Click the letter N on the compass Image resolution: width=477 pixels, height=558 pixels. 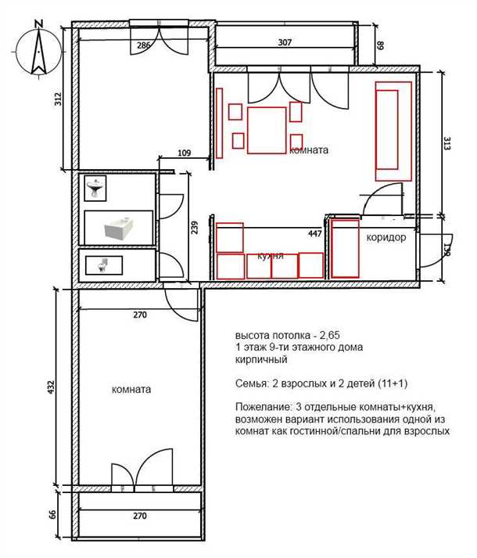(39, 23)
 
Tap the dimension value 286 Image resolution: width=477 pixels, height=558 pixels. (144, 45)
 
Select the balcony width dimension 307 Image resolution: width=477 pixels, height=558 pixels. (285, 42)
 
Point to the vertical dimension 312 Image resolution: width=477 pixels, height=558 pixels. (58, 99)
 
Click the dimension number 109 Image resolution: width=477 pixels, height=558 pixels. (184, 153)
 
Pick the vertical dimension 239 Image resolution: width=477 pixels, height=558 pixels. (194, 228)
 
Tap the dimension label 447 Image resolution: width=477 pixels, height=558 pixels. (315, 233)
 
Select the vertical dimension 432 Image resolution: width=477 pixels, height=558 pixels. (51, 387)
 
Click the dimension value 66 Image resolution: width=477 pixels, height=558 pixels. (52, 514)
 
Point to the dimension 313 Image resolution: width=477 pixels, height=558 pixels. (447, 143)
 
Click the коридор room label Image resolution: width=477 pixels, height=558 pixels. (386, 237)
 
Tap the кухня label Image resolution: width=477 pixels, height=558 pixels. (271, 255)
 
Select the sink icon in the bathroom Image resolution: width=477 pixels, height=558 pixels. (95, 188)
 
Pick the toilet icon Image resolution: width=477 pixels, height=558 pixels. (103, 265)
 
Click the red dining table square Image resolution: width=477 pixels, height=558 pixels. (267, 130)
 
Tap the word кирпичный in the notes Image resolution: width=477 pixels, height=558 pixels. (261, 360)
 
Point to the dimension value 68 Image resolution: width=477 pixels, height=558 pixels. (381, 45)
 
